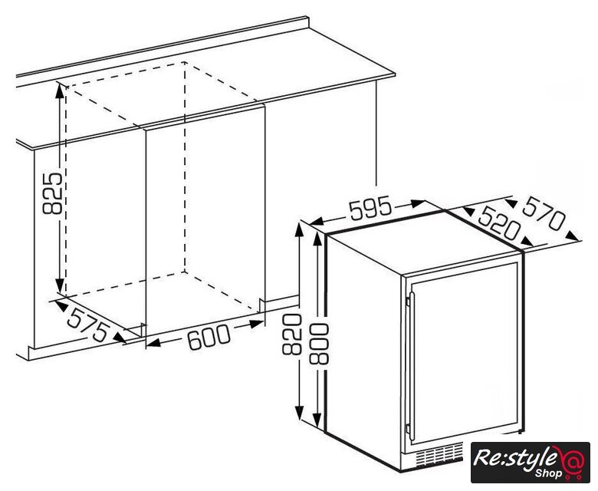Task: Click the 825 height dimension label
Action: [52, 193]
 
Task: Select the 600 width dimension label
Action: [209, 337]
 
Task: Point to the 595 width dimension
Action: [370, 208]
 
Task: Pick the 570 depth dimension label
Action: [543, 214]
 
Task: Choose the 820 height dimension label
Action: [292, 334]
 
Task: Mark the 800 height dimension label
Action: [319, 344]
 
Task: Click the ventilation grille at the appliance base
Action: [439, 454]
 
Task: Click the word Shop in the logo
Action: [548, 473]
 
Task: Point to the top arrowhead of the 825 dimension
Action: [60, 91]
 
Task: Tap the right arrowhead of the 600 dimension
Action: [256, 325]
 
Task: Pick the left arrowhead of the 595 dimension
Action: [317, 221]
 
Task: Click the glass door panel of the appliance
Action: [464, 354]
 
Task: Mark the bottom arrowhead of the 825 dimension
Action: [60, 287]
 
